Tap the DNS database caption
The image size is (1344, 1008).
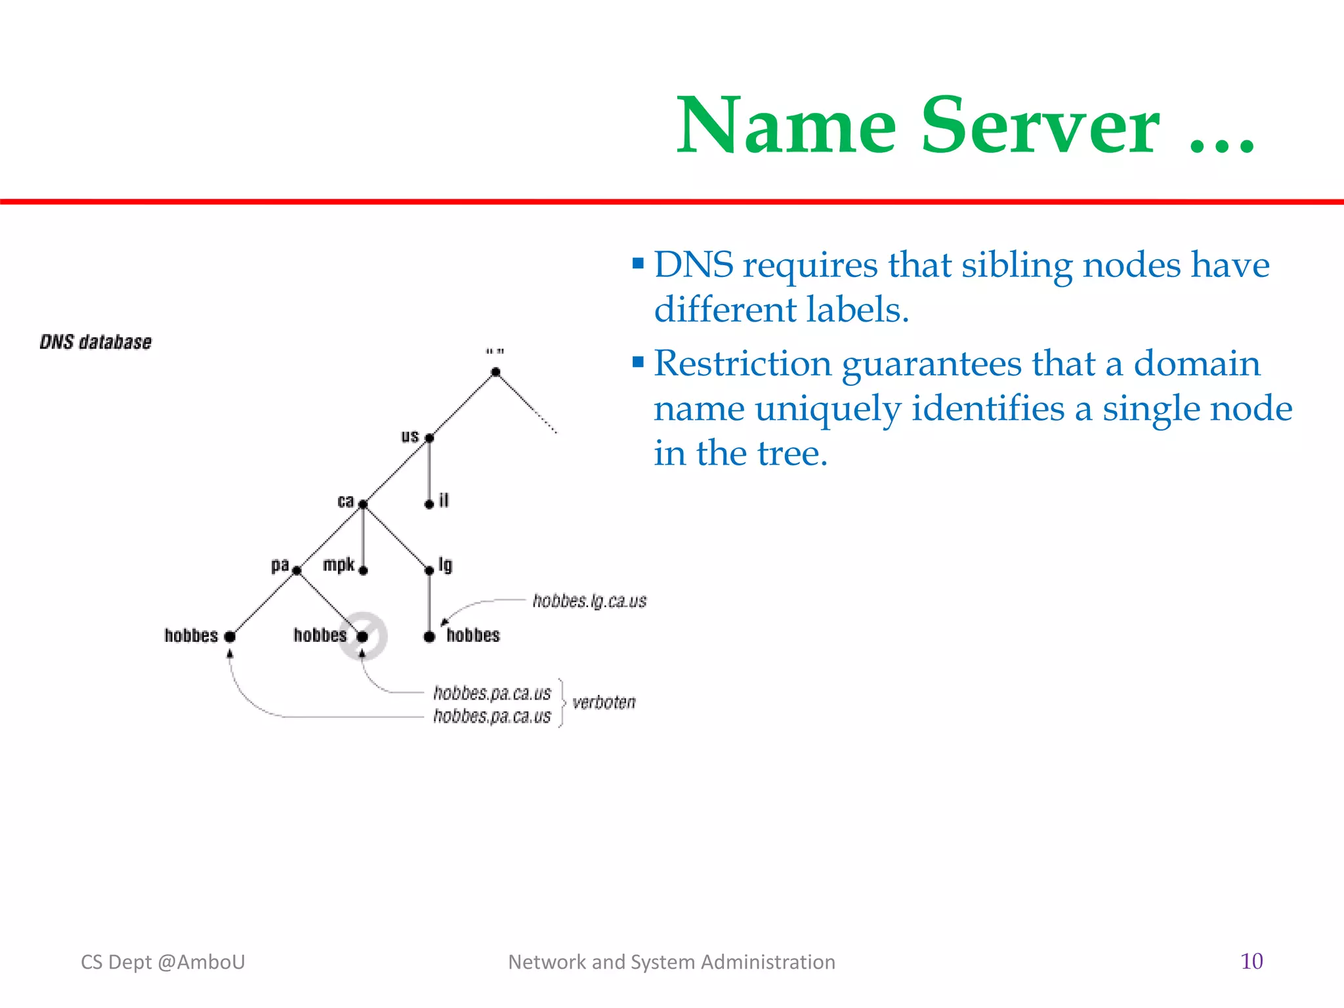click(x=96, y=342)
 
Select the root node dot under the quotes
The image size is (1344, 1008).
click(x=495, y=372)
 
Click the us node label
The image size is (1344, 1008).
click(x=409, y=436)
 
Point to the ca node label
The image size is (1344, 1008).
click(x=345, y=501)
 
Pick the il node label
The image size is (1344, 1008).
click(x=444, y=501)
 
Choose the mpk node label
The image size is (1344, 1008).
click(x=339, y=565)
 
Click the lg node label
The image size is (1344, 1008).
click(x=446, y=565)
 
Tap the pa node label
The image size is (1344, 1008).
click(x=280, y=565)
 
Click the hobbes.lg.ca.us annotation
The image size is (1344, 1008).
click(x=589, y=601)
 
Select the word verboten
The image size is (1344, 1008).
click(x=604, y=703)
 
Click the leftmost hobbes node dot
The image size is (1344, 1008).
click(x=230, y=637)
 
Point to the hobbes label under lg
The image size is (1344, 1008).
click(x=473, y=635)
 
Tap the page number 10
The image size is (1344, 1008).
click(x=1251, y=961)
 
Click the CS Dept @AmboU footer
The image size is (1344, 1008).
click(x=163, y=962)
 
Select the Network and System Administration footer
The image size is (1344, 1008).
click(x=671, y=962)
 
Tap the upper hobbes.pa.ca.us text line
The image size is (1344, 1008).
click(x=492, y=693)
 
